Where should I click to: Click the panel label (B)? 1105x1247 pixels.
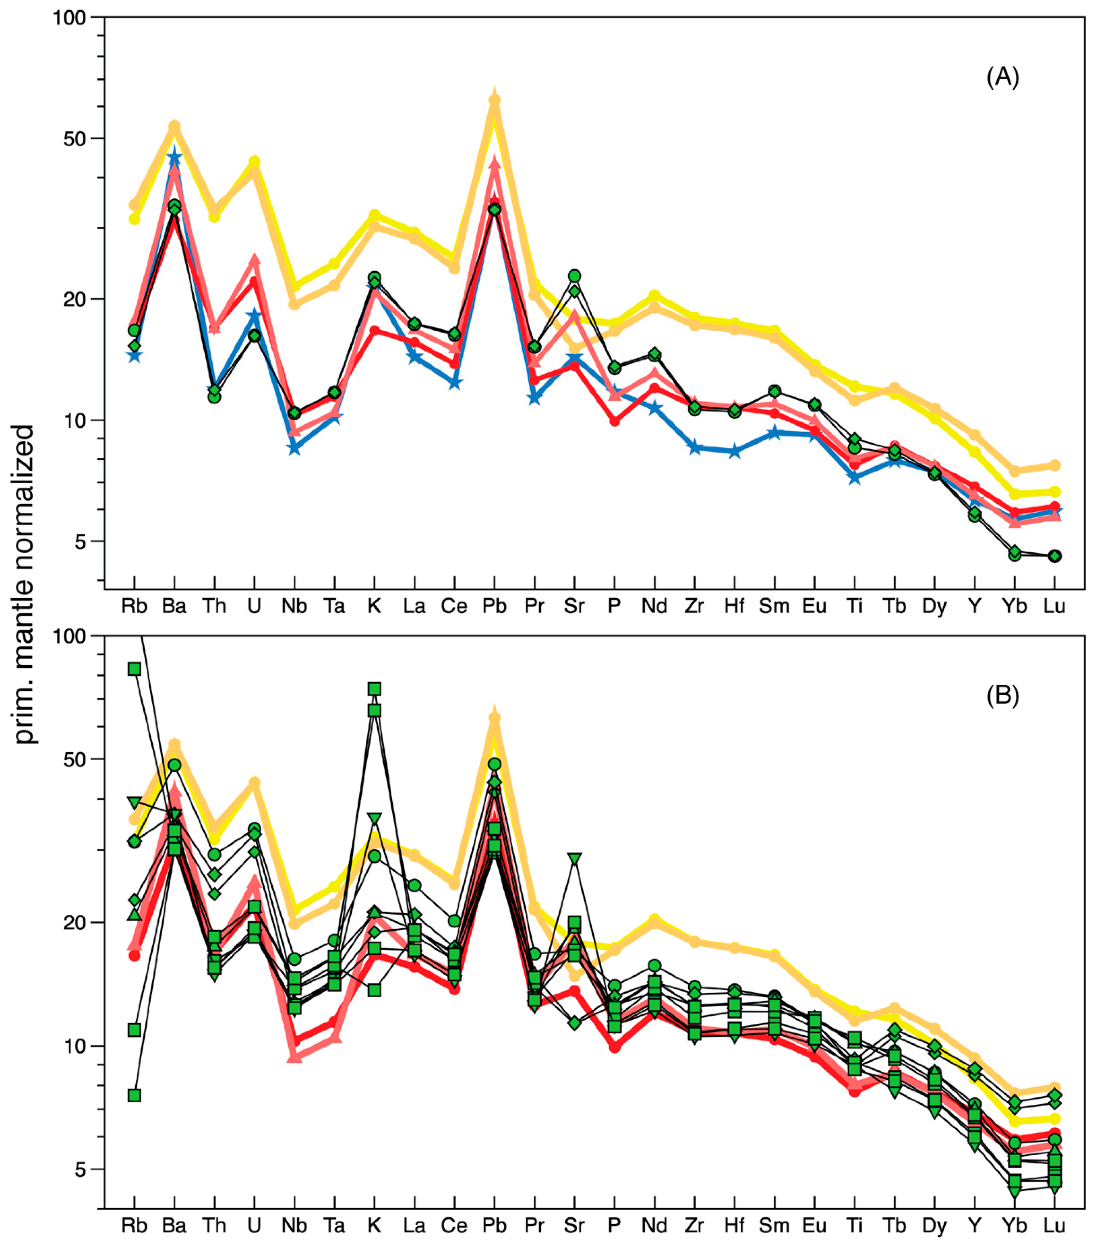[1002, 695]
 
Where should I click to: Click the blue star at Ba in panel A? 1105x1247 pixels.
[174, 157]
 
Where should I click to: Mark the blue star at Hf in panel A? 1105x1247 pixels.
[735, 452]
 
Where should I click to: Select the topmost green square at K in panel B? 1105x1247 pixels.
[374, 689]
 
